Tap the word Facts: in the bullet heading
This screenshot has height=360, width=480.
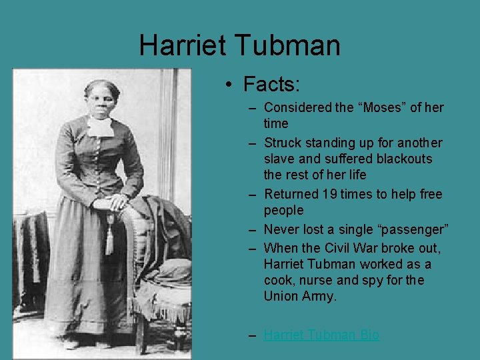[272, 84]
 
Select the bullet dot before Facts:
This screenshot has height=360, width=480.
[228, 85]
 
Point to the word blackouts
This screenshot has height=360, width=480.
[404, 159]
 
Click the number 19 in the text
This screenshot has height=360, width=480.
[328, 194]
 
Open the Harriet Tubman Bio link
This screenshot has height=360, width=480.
[321, 335]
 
